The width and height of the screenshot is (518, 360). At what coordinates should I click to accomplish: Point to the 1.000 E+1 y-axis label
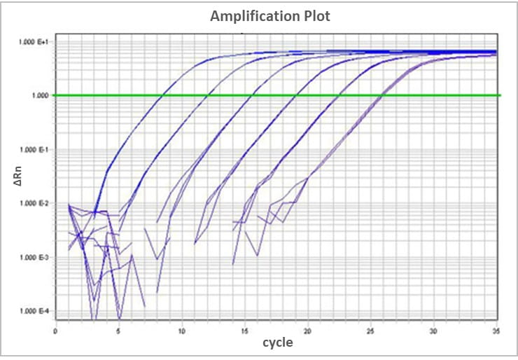pyautogui.click(x=33, y=42)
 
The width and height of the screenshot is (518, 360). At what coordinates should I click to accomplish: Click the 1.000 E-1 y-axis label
pyautogui.click(x=33, y=150)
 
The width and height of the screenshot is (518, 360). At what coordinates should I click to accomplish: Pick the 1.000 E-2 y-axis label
pyautogui.click(x=33, y=204)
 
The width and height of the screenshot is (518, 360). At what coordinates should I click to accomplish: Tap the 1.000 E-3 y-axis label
pyautogui.click(x=33, y=258)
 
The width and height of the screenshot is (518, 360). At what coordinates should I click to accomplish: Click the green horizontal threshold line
pyautogui.click(x=448, y=95)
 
